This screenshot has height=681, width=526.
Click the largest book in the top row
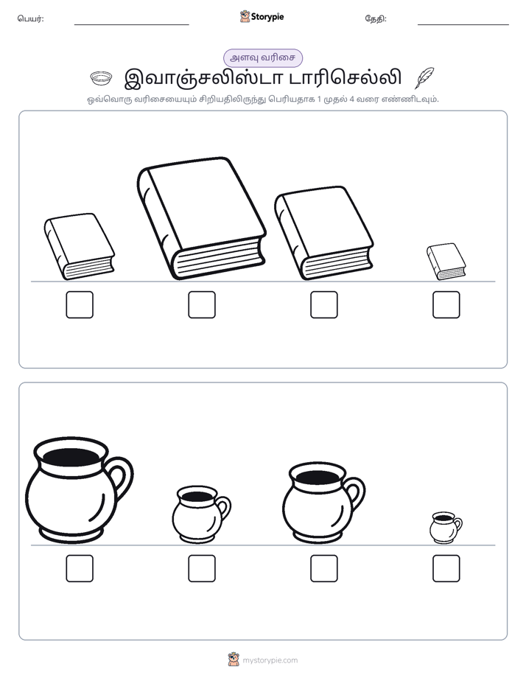tap(201, 218)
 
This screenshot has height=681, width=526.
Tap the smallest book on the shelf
tap(446, 262)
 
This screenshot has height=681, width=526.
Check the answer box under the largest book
tap(202, 304)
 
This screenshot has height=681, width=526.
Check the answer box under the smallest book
tap(446, 304)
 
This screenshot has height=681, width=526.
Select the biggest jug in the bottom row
tap(79, 491)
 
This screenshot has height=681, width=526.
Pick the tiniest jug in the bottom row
tap(446, 527)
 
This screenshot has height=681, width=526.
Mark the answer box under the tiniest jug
tap(446, 568)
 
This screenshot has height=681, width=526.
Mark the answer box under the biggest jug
tap(80, 568)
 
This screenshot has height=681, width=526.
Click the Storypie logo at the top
tap(262, 16)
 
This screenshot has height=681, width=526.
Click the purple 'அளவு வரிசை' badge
tap(262, 57)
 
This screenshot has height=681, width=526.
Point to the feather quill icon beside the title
tap(424, 77)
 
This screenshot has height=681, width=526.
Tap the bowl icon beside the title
tap(101, 78)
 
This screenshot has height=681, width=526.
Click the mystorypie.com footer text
tap(270, 660)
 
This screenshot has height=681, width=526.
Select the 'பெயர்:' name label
tap(30, 18)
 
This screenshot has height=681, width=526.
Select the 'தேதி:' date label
tap(376, 18)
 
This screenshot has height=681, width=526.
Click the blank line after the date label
tap(463, 25)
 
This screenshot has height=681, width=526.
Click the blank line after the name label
tap(131, 25)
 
